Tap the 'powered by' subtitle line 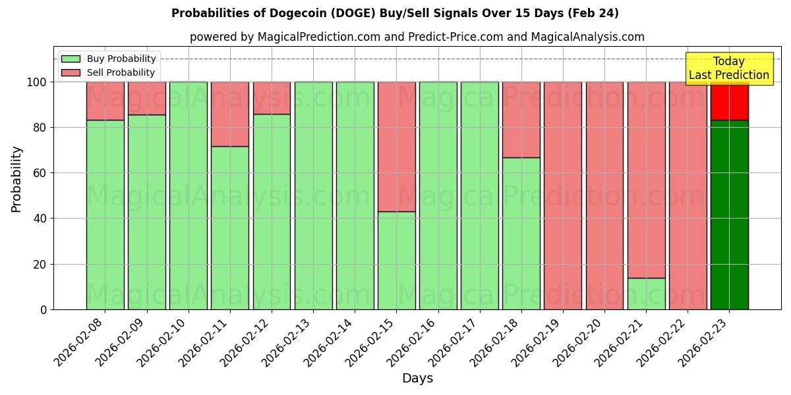pyautogui.click(x=417, y=37)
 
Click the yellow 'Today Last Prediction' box pyautogui.click(x=728, y=68)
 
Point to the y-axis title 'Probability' pyautogui.click(x=16, y=179)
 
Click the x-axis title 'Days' pyautogui.click(x=417, y=379)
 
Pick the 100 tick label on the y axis pyautogui.click(x=38, y=82)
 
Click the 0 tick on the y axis pyautogui.click(x=44, y=309)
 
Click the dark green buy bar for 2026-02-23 pyautogui.click(x=729, y=215)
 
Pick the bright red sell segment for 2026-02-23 pyautogui.click(x=729, y=101)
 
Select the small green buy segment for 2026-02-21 pyautogui.click(x=646, y=294)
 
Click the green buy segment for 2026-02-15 pyautogui.click(x=396, y=260)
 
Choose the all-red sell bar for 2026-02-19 pyautogui.click(x=562, y=196)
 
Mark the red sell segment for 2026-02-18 pyautogui.click(x=521, y=120)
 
